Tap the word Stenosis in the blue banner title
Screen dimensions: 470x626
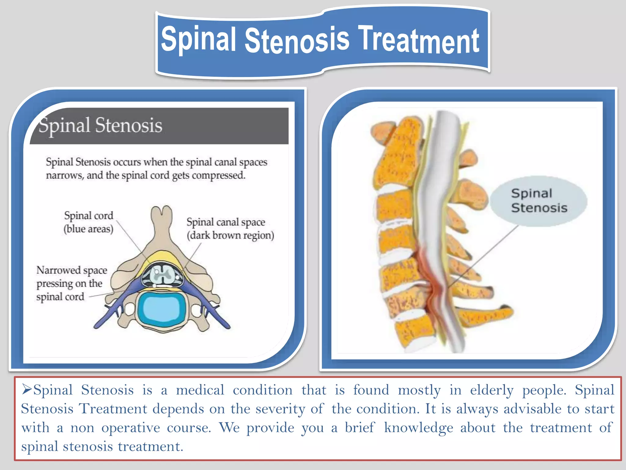(x=296, y=40)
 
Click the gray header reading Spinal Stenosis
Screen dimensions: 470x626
(x=159, y=126)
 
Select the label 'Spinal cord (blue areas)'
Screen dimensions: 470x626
(x=88, y=222)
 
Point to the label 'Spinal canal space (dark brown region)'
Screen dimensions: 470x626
(x=230, y=229)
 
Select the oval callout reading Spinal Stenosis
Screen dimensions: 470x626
(x=539, y=201)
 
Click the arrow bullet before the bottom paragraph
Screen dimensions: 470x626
(x=27, y=389)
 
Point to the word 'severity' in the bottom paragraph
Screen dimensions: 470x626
(x=280, y=409)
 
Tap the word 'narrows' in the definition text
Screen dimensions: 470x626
(x=64, y=176)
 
